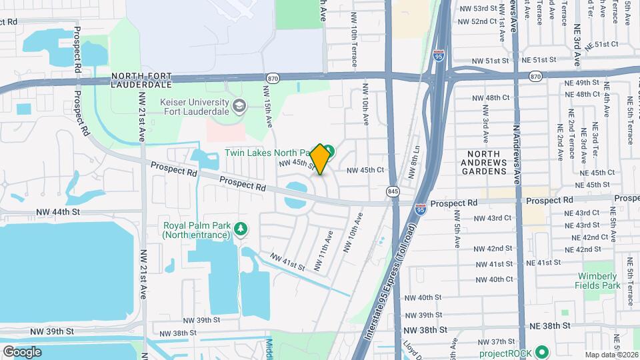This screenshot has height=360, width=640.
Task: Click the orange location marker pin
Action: pos(320,159)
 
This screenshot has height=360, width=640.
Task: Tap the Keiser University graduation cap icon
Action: pos(239,105)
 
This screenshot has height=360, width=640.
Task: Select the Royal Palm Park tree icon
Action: pos(240,229)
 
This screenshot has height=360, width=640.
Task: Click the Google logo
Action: pos(22,351)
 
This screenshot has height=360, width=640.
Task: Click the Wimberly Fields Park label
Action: pos(599,280)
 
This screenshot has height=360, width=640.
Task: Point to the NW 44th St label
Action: pos(58,211)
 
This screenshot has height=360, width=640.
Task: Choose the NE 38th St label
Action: pos(549,326)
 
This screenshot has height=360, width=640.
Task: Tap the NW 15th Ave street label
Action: pos(270,107)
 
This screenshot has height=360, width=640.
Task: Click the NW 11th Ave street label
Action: pos(323,251)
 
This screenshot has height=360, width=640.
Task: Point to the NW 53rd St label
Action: pos(479,9)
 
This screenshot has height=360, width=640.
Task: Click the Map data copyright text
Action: pos(609,354)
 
